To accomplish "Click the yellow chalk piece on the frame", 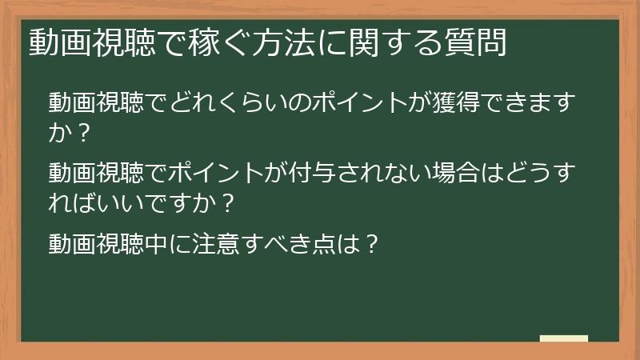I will (564, 338).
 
